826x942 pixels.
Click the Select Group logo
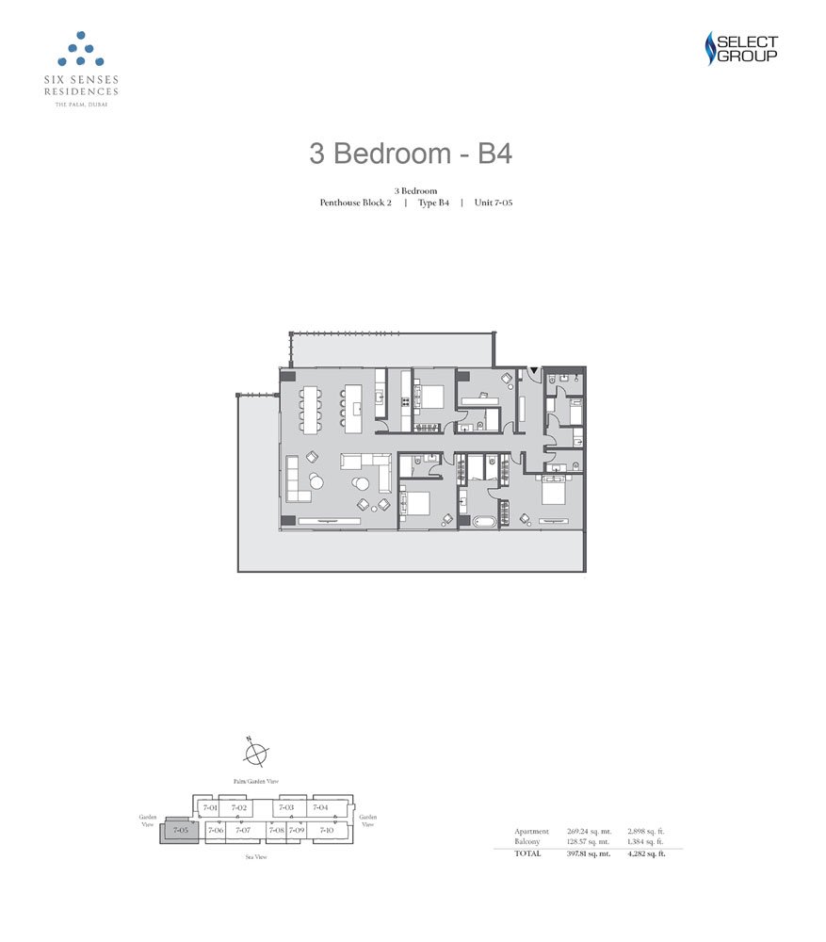(x=741, y=49)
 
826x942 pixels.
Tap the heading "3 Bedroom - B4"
(x=411, y=154)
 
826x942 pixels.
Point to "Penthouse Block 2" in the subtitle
(x=355, y=203)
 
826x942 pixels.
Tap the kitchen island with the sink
(x=357, y=407)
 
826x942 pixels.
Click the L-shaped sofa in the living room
(x=367, y=469)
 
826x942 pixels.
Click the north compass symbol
(x=255, y=754)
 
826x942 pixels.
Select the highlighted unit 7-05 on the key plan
(x=180, y=830)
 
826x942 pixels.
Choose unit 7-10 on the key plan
(x=326, y=830)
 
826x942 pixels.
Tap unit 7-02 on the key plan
(x=239, y=808)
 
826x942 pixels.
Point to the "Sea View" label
(x=254, y=857)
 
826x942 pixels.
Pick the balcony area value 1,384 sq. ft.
(x=647, y=841)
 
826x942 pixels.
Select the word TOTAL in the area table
(x=527, y=853)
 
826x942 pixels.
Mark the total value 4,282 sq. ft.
(x=647, y=853)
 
